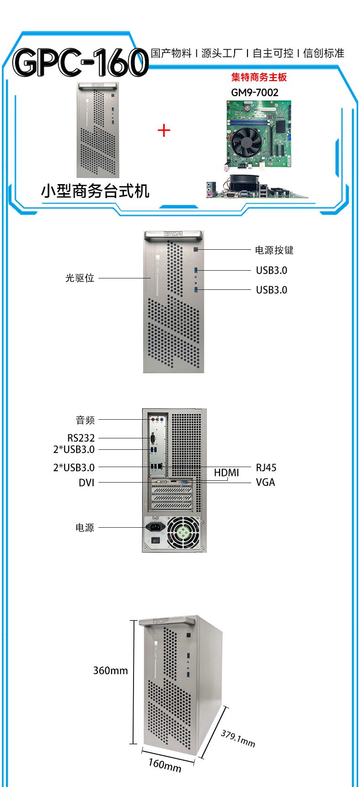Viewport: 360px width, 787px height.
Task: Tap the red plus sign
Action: (164, 131)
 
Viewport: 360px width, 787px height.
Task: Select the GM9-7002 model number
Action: (255, 93)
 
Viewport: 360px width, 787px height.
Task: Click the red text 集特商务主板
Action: (259, 77)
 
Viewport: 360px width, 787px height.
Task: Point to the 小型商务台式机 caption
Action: (95, 191)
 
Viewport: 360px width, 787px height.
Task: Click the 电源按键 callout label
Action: (274, 250)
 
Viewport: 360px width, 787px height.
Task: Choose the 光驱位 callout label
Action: (80, 278)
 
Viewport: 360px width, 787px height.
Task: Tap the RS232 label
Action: (81, 438)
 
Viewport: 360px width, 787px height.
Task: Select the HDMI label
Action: (226, 473)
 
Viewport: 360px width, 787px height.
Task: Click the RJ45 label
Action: (266, 468)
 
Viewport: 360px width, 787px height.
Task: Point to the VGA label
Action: (265, 482)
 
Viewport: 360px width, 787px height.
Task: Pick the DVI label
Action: (87, 482)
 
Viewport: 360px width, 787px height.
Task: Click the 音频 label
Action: (85, 420)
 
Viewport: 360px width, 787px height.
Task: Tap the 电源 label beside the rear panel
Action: (85, 527)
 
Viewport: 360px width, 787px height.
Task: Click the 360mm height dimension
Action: (110, 670)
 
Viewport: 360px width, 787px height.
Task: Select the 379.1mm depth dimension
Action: (238, 739)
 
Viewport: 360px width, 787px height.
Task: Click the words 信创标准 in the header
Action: (324, 53)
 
